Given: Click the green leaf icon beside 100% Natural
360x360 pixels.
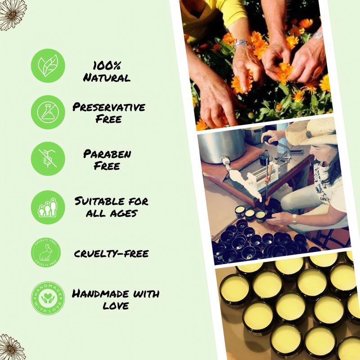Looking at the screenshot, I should point(48,66).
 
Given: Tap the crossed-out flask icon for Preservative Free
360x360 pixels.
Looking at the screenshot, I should point(48,112).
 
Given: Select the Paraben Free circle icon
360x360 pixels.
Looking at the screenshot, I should point(48,158).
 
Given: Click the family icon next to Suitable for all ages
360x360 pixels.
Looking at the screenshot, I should point(48,207).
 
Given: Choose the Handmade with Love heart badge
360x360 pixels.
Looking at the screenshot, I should point(48,298).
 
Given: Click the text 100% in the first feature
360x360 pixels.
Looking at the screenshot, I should point(106,66).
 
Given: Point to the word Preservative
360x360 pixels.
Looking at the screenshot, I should point(109,108).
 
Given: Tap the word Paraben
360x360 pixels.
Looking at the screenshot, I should point(107,154).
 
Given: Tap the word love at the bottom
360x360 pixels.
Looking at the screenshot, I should point(116,306).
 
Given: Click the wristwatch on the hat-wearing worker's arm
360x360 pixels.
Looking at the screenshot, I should point(294,219).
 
